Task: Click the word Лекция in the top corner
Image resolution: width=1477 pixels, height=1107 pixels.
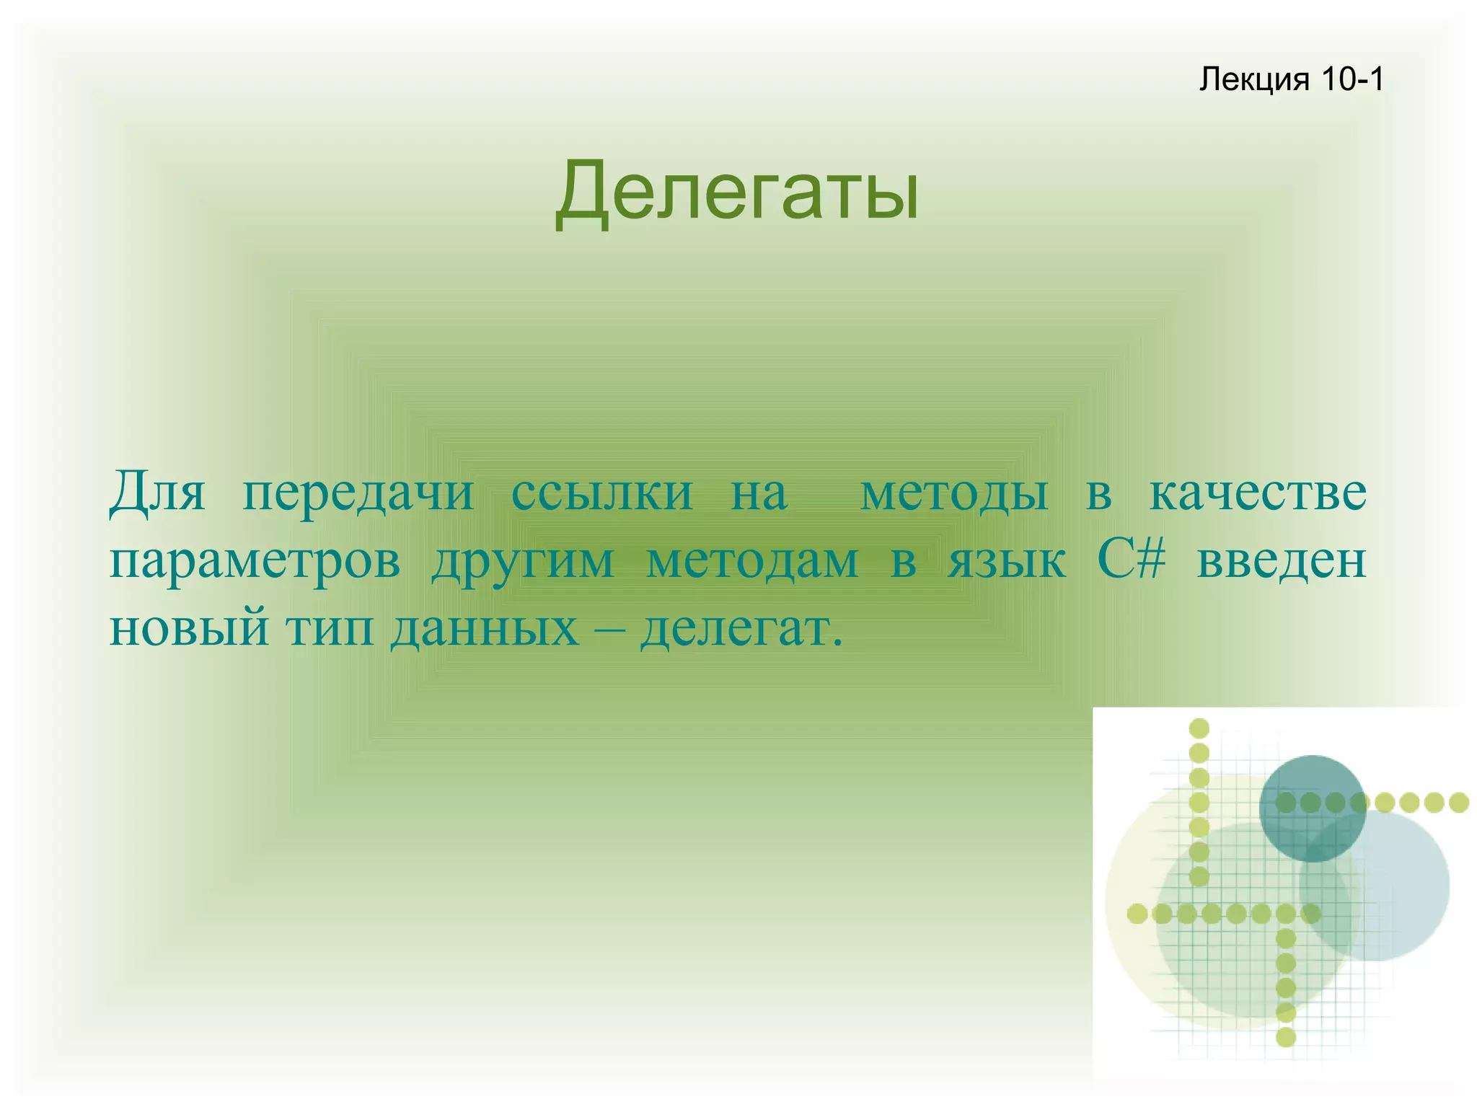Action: point(1253,79)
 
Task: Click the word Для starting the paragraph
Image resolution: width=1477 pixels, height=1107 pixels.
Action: point(157,493)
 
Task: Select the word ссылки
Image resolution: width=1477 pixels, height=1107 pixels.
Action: point(601,493)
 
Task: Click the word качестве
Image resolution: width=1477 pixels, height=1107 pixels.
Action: point(1257,493)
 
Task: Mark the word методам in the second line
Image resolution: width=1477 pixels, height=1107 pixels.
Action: point(752,561)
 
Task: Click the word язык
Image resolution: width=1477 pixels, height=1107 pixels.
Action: point(1007,561)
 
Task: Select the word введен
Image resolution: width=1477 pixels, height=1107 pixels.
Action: point(1282,561)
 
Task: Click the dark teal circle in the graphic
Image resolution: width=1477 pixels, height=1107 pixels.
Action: point(1313,801)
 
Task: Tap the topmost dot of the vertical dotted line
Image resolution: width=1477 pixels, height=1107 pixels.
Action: point(1199,728)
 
